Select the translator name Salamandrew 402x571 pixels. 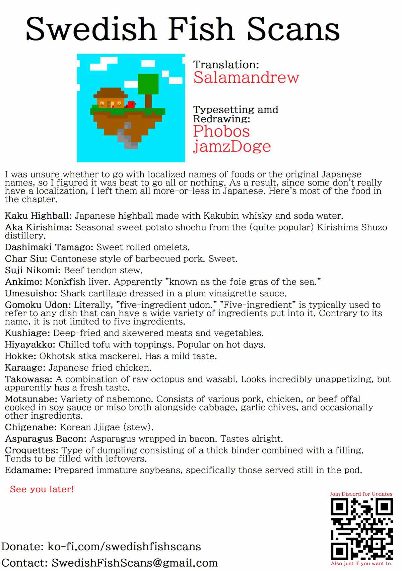tap(246, 77)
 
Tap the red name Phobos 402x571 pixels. tap(221, 131)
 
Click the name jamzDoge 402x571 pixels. tap(232, 146)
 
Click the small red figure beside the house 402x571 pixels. tap(131, 104)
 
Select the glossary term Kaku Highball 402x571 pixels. tap(38, 216)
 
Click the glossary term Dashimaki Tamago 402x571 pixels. tap(49, 247)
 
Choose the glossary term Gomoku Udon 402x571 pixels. tap(38, 305)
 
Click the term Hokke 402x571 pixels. tap(20, 356)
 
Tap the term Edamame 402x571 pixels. tap(28, 470)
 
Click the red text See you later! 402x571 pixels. tap(42, 489)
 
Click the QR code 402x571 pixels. tap(361, 529)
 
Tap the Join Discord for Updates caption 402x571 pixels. tap(361, 494)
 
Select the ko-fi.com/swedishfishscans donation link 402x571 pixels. tap(124, 547)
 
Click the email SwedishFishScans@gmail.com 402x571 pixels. tap(134, 563)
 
